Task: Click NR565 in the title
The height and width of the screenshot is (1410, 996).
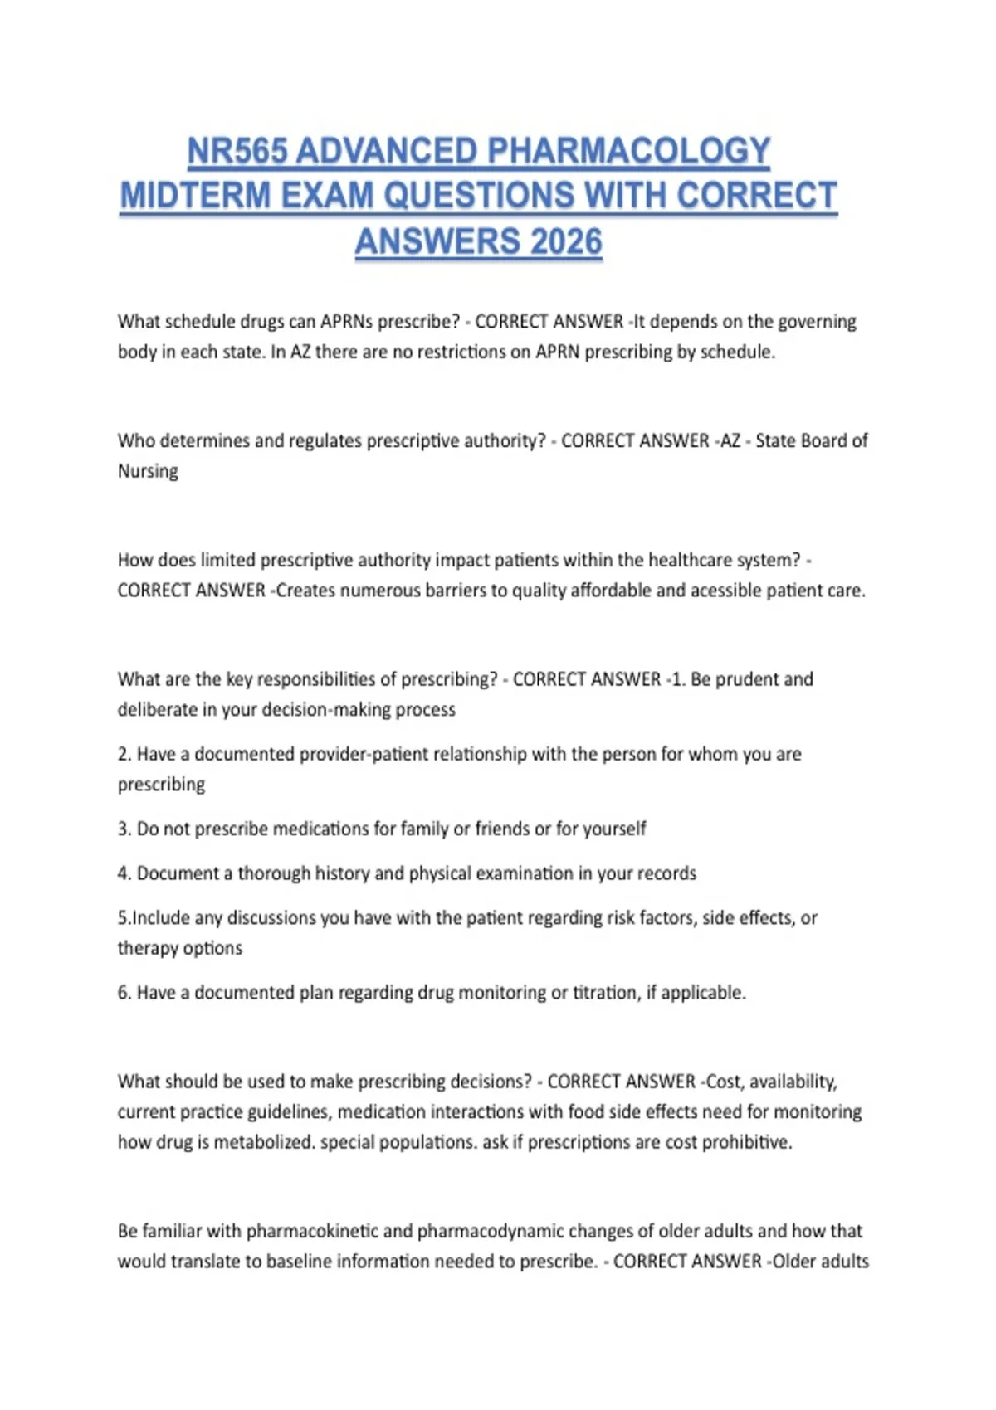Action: [x=237, y=151]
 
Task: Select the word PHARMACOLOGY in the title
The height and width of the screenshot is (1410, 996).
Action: [x=628, y=151]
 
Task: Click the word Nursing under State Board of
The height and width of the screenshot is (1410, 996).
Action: [x=148, y=471]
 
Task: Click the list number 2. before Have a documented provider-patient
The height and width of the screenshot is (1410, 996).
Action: [x=124, y=754]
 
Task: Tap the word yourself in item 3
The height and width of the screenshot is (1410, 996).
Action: [x=614, y=829]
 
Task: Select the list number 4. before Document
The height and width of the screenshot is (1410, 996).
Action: [x=124, y=873]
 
